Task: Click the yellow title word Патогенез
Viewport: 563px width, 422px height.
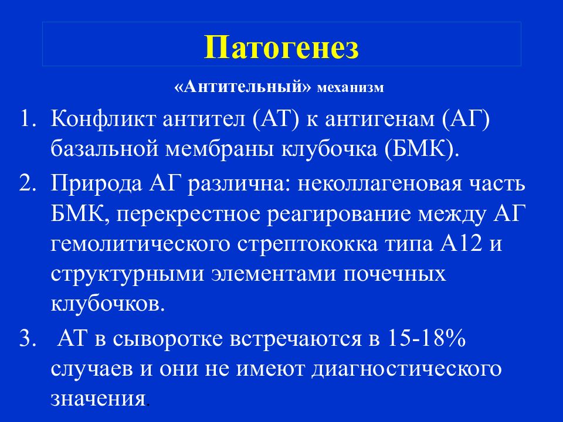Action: click(x=281, y=47)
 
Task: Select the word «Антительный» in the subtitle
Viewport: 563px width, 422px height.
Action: click(x=242, y=87)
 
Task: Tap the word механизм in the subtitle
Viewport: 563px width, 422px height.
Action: click(x=351, y=87)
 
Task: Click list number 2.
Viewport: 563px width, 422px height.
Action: click(x=28, y=183)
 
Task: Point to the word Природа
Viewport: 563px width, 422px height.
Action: click(x=96, y=183)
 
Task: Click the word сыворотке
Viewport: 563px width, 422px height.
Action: click(x=168, y=340)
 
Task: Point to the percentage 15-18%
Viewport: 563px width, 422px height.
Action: click(x=426, y=338)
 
